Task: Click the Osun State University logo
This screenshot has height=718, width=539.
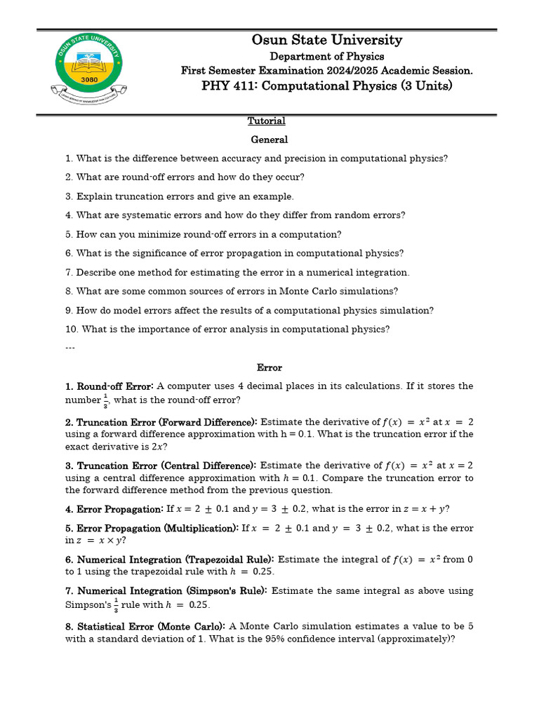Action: coord(88,69)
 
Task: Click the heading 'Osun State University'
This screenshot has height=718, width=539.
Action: coord(327,40)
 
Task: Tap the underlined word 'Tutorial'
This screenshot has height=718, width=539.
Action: coord(267,121)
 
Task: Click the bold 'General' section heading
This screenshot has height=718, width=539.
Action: coord(269,140)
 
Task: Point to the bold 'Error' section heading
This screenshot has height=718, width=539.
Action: coord(269,367)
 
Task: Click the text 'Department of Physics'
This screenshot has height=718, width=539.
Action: coord(327,56)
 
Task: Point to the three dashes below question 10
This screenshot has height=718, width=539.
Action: coord(70,346)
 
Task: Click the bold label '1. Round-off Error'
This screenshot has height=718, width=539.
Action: coord(109,386)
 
